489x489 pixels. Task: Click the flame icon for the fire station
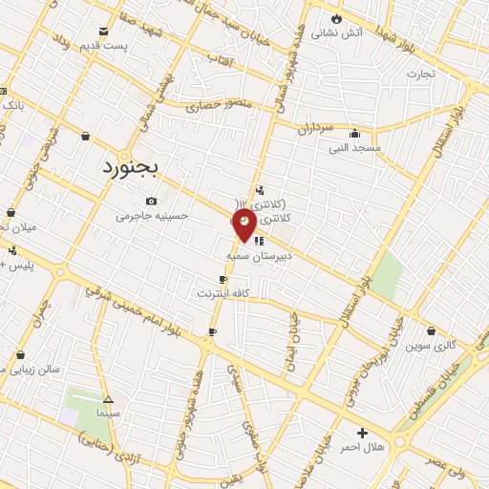[336, 17]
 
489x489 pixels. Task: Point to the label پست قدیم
[102, 46]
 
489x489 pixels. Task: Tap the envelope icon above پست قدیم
[103, 31]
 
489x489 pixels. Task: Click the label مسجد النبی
[355, 148]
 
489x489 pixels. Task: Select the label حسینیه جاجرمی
[153, 216]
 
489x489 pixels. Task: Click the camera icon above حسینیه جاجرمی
[152, 201]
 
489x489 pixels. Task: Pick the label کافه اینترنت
[223, 292]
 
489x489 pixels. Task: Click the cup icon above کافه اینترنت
[223, 279]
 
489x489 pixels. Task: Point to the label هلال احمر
[362, 447]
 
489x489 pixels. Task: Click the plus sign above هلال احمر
[362, 433]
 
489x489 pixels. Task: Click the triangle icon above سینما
[108, 400]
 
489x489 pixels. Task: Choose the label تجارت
[420, 73]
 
